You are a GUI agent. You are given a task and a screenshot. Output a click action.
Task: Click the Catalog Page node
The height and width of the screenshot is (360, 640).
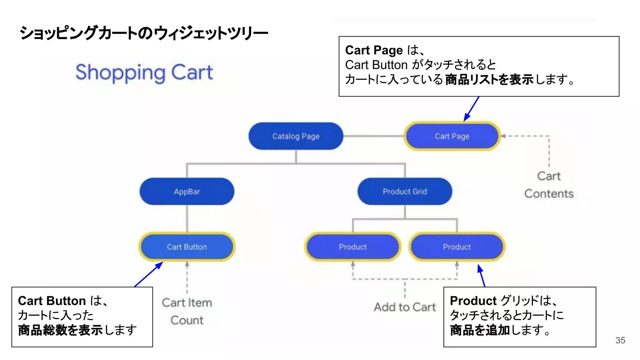(x=296, y=136)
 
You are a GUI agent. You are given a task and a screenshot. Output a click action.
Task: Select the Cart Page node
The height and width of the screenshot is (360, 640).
(x=452, y=136)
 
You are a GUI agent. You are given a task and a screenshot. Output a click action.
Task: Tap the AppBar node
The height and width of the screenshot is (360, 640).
(x=187, y=192)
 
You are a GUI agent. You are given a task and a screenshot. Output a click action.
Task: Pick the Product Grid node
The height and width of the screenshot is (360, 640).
(x=405, y=192)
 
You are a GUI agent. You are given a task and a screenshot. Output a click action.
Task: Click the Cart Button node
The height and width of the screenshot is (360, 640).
(x=187, y=247)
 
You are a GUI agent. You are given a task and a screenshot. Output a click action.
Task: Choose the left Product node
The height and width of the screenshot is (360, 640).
(x=352, y=247)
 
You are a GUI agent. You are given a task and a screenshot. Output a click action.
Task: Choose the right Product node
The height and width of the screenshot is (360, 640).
(x=457, y=247)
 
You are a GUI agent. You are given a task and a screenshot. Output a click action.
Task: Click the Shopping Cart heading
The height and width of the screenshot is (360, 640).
(x=144, y=72)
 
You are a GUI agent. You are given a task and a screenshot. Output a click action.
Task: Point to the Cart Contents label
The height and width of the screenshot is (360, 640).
(x=549, y=185)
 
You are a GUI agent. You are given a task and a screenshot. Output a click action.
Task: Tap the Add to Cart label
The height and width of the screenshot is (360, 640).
(x=405, y=307)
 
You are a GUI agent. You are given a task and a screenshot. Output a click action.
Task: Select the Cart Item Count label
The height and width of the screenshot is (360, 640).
(x=187, y=311)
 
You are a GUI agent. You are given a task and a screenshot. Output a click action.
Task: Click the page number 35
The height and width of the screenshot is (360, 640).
(x=620, y=340)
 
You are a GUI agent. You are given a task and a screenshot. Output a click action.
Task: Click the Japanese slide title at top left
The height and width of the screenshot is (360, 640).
(x=143, y=33)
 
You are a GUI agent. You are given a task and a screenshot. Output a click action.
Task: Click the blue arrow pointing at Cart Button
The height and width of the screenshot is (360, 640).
(x=149, y=274)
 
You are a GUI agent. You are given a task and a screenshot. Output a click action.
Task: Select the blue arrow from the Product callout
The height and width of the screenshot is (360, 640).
(x=482, y=275)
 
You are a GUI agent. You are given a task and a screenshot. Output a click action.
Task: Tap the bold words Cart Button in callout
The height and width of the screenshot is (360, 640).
(x=52, y=301)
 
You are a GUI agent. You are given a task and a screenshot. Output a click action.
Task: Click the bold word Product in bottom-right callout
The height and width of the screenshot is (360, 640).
(x=473, y=301)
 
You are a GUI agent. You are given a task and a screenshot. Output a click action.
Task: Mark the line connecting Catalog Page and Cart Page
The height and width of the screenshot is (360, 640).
(x=373, y=136)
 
